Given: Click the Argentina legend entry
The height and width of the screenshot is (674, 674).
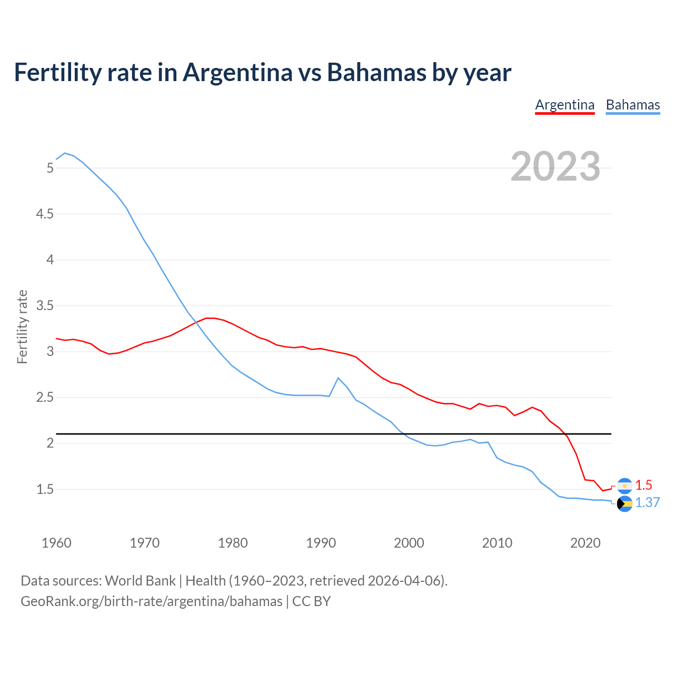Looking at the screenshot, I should pyautogui.click(x=564, y=105).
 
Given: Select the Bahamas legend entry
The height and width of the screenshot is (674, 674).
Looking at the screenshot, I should pyautogui.click(x=632, y=105).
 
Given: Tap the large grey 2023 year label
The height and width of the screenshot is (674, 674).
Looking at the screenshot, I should pyautogui.click(x=555, y=166).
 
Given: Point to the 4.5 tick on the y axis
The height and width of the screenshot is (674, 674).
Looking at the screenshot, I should pyautogui.click(x=44, y=214).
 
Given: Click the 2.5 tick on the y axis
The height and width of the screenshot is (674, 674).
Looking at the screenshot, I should pyautogui.click(x=44, y=398).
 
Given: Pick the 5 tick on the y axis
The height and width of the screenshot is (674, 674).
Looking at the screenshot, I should pyautogui.click(x=50, y=168).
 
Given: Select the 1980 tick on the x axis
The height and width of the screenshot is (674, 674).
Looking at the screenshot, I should pyautogui.click(x=233, y=543).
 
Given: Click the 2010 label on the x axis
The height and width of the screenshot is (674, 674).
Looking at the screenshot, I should pyautogui.click(x=497, y=543).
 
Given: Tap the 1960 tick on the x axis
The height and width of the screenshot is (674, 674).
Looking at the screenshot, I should pyautogui.click(x=56, y=543).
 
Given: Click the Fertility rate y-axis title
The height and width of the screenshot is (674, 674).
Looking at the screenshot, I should pyautogui.click(x=22, y=326).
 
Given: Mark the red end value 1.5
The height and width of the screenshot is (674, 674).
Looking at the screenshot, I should pyautogui.click(x=643, y=485).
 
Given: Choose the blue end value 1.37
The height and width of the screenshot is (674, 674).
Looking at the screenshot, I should pyautogui.click(x=647, y=502).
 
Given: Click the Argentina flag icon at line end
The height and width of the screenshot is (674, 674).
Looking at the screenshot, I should pyautogui.click(x=625, y=485).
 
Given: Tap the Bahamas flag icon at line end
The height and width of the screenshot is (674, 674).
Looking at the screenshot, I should pyautogui.click(x=625, y=504).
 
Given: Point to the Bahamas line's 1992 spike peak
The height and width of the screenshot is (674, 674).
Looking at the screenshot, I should pyautogui.click(x=338, y=378).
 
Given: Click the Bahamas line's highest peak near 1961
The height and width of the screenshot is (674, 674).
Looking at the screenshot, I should pyautogui.click(x=65, y=153).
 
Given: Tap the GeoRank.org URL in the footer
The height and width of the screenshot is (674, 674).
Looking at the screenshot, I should pyautogui.click(x=152, y=601).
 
